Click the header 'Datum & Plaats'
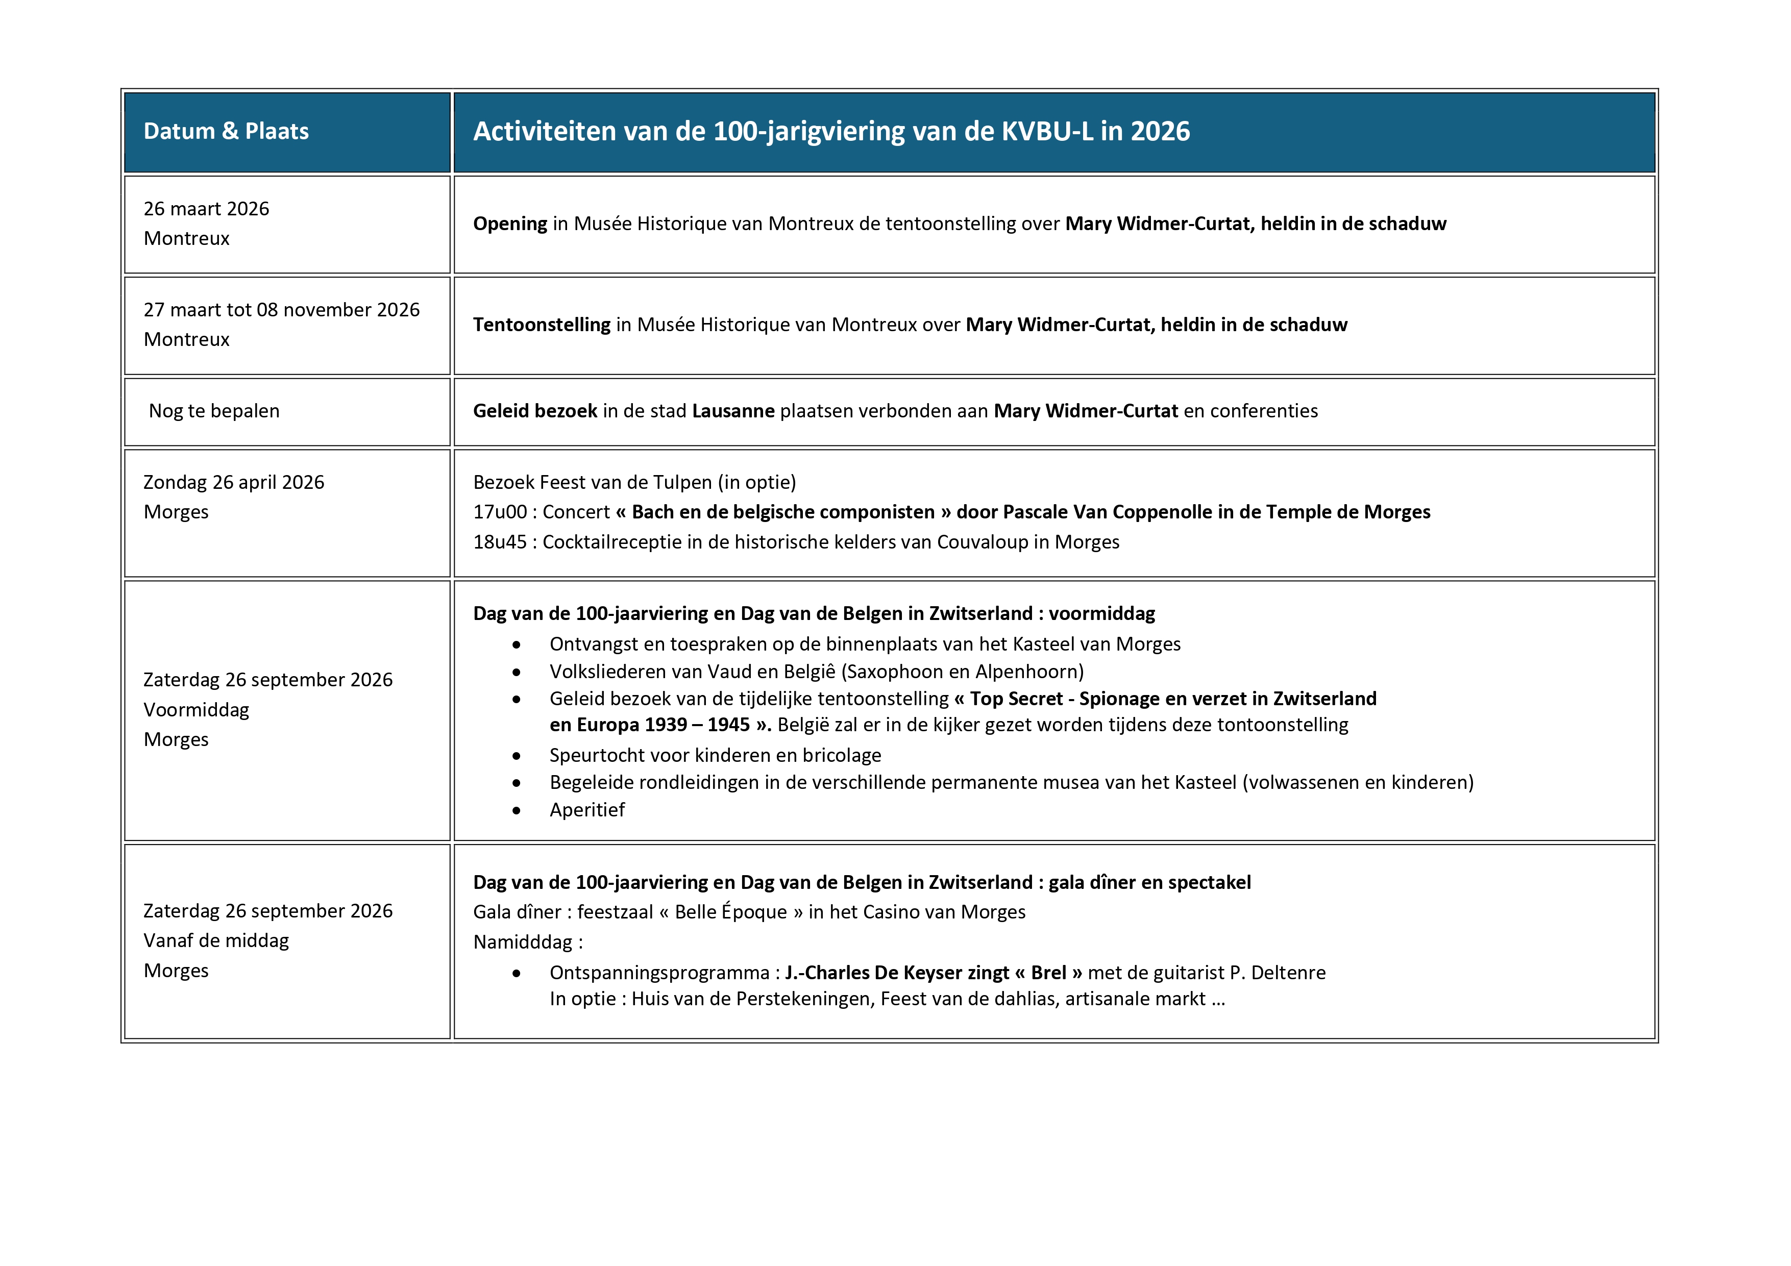tap(226, 131)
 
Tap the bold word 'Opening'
tap(510, 224)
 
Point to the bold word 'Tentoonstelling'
tap(542, 325)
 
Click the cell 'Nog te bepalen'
tap(214, 411)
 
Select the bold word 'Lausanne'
tap(733, 411)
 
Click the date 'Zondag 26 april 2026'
tap(233, 483)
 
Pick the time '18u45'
tap(500, 542)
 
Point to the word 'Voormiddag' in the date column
tap(197, 710)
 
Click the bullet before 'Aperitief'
tap(517, 810)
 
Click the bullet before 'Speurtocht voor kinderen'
tap(517, 756)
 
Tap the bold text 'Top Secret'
tap(1016, 699)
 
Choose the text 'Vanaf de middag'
tap(216, 941)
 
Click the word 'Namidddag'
tap(523, 942)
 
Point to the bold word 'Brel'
tap(1048, 973)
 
